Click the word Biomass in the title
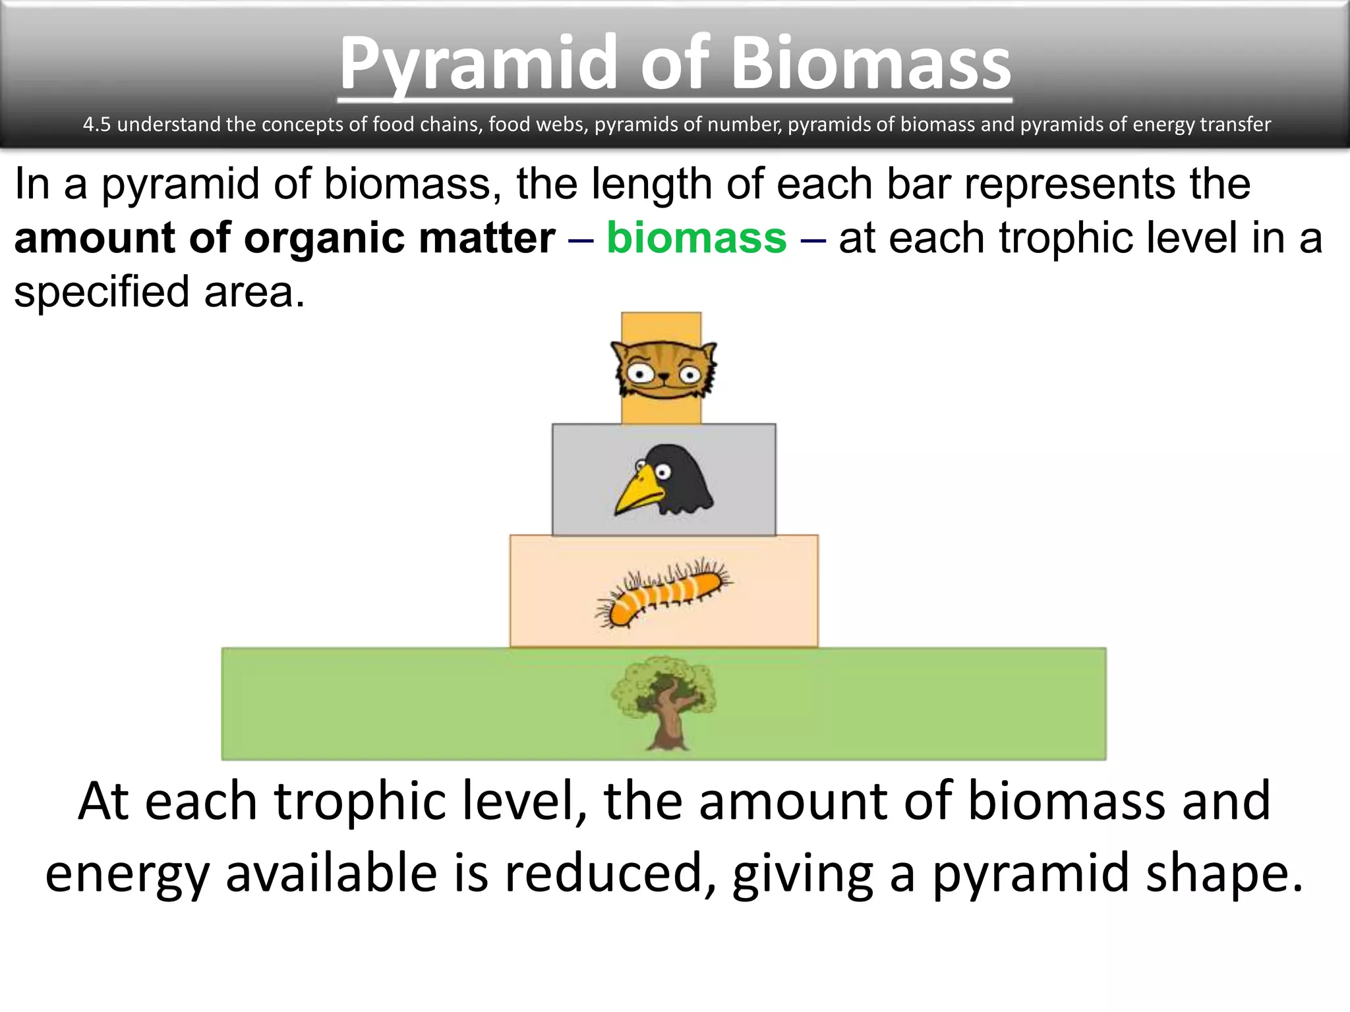tap(870, 65)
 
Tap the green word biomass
tap(696, 238)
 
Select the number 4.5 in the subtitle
tap(96, 125)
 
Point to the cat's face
tap(664, 371)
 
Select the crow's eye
tap(662, 472)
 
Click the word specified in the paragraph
tap(102, 292)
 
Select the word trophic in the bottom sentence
tap(359, 801)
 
